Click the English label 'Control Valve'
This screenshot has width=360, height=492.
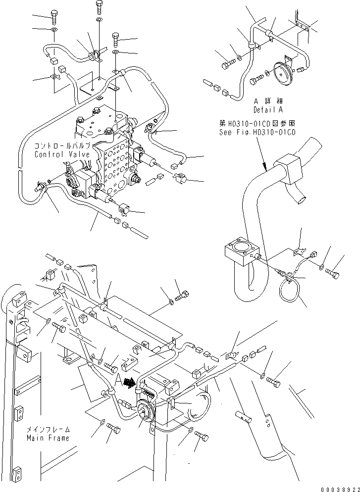click(62, 154)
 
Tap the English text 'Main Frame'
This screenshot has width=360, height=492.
click(49, 438)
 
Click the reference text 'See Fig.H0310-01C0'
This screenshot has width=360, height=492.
click(257, 133)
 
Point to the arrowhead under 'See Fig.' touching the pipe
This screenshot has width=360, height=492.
click(264, 167)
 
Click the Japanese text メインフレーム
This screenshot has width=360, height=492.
click(49, 430)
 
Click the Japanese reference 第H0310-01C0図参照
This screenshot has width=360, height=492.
click(257, 124)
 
